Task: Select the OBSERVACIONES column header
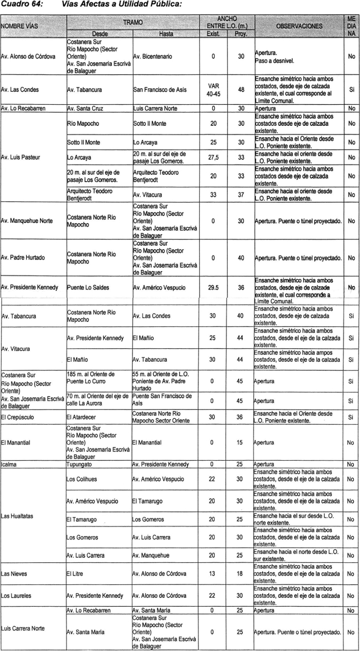click(299, 25)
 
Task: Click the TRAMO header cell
click(133, 22)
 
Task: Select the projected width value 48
click(241, 89)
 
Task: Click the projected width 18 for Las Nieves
click(241, 573)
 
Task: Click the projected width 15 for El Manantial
click(241, 443)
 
